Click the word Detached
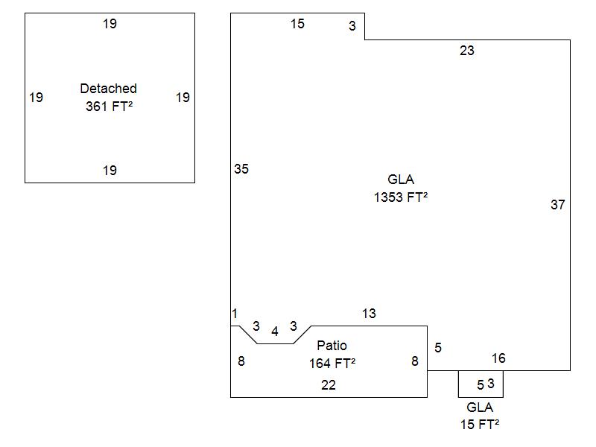coord(108,89)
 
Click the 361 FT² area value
coord(109,106)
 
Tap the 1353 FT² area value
coord(400,197)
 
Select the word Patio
coord(332,346)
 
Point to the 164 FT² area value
coord(332,363)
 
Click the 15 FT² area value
coord(480,425)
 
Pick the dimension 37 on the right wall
coord(557,205)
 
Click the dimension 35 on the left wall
coord(241,169)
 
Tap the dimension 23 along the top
coord(466,51)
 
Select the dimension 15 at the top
coord(297,24)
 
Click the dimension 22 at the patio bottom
coord(329,385)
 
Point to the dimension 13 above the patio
coord(369,314)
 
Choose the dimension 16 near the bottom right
coord(498,358)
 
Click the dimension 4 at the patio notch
coord(275,332)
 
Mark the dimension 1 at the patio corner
coord(235,314)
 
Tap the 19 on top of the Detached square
coord(110,24)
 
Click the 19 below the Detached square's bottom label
coord(110,171)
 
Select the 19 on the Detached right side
coord(183,97)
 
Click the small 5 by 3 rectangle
coord(481,384)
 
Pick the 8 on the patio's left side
coord(241,361)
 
